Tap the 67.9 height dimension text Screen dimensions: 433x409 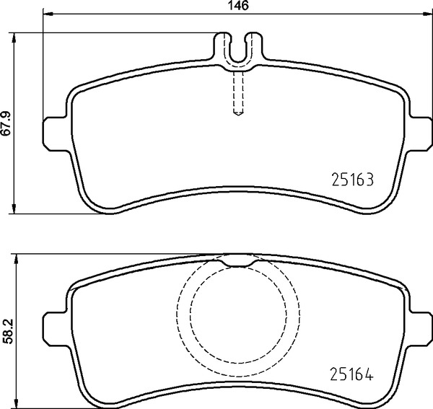pyautogui.click(x=6, y=123)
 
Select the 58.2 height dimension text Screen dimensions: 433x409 pyautogui.click(x=7, y=331)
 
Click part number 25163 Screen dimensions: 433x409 pyautogui.click(x=353, y=180)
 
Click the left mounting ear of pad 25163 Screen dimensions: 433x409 pyautogui.click(x=56, y=134)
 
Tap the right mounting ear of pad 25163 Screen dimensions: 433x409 pyautogui.click(x=420, y=134)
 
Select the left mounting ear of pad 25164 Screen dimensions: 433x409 pyautogui.click(x=56, y=329)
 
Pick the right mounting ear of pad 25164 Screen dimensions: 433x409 pyautogui.click(x=420, y=329)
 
